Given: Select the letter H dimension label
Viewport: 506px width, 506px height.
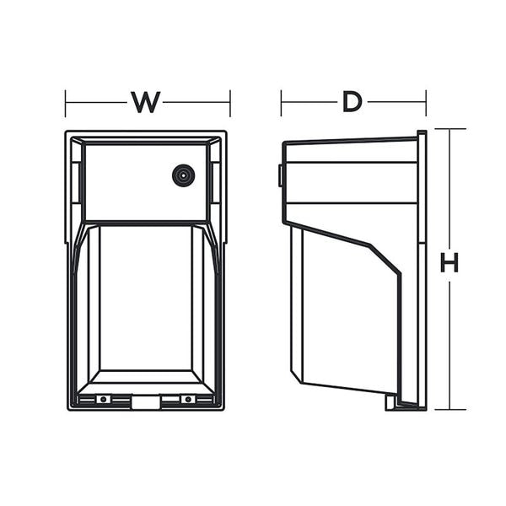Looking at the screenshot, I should [x=449, y=263].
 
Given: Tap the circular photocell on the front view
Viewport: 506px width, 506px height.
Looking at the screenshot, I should [x=181, y=175].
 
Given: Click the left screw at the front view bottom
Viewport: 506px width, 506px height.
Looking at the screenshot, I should [x=103, y=399].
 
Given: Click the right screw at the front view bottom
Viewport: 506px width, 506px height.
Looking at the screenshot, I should [x=187, y=399].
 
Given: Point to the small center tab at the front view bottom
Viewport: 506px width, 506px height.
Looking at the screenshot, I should [x=145, y=403].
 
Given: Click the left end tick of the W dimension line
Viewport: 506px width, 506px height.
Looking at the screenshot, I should [x=66, y=103].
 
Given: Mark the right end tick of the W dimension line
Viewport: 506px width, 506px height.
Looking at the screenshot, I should [x=229, y=103].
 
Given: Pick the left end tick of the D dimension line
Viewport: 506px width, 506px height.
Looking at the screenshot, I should [x=282, y=103].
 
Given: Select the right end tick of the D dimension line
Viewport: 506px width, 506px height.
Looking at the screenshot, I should [x=426, y=103].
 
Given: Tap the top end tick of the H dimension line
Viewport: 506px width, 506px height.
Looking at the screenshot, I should [x=449, y=129].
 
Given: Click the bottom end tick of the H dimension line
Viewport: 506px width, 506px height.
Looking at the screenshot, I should [x=449, y=410].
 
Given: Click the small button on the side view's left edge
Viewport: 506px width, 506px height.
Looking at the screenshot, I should [x=280, y=175].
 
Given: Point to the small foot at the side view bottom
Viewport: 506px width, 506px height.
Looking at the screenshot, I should [x=391, y=402].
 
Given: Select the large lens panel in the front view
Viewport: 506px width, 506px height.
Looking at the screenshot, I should [x=145, y=299].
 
